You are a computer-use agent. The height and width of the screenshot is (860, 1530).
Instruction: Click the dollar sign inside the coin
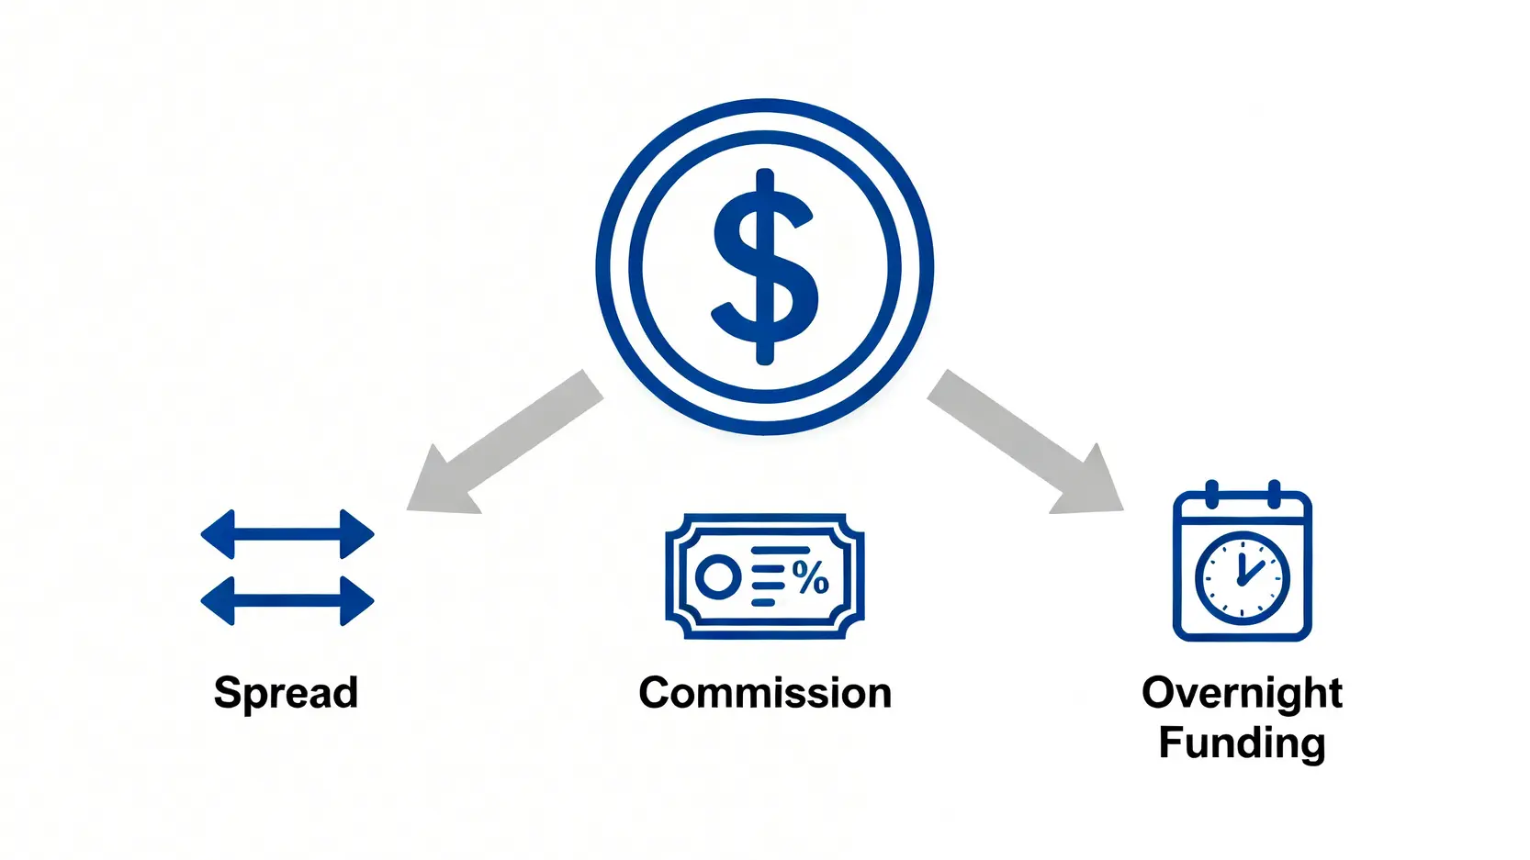[x=765, y=266]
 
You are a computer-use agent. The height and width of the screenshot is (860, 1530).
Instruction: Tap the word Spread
[x=286, y=694]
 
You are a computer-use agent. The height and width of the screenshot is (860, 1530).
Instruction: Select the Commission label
[x=765, y=693]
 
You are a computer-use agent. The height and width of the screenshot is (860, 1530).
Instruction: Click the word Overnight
[x=1242, y=694]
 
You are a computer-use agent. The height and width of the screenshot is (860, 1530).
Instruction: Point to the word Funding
[x=1242, y=743]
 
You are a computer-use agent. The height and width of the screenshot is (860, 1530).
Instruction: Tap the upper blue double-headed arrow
[x=287, y=534]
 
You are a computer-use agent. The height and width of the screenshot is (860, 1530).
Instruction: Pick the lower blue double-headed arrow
[x=287, y=601]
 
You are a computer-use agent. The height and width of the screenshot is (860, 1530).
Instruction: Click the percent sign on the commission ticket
[x=811, y=577]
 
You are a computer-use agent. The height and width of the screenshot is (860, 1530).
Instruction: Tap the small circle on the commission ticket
[x=718, y=577]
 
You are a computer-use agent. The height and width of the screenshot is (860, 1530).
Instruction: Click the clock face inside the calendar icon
[x=1243, y=579]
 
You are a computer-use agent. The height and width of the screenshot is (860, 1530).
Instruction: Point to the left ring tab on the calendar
[x=1211, y=494]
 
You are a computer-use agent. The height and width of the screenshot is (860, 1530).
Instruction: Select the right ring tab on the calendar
[x=1274, y=494]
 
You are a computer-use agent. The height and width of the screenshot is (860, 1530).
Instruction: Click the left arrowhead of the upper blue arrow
[x=219, y=534]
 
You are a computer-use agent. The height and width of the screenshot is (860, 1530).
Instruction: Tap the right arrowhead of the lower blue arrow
[x=357, y=601]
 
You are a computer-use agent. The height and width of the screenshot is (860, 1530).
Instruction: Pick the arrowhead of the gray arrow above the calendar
[x=1089, y=482]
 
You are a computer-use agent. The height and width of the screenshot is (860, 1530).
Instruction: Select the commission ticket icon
[x=765, y=576]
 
